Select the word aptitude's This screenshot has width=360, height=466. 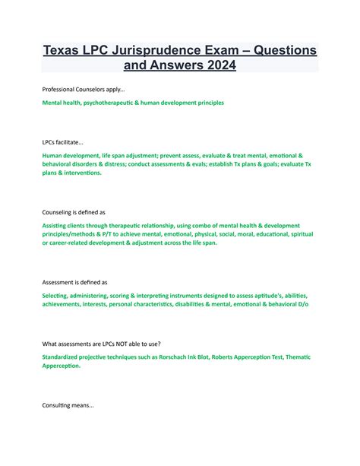(251, 296)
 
